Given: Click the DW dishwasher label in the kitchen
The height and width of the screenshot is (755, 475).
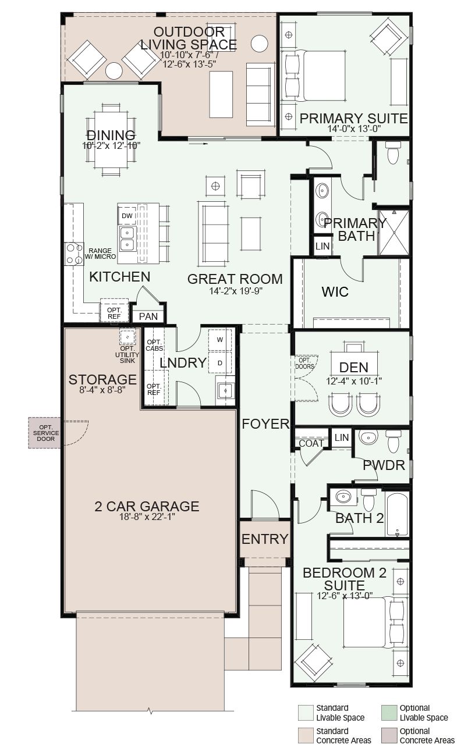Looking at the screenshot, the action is pos(127,216).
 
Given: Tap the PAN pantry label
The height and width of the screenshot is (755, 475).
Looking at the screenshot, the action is pos(148,316).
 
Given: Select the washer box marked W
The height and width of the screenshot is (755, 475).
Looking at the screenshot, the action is pos(220,340).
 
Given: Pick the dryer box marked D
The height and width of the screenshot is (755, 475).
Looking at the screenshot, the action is pos(220,363).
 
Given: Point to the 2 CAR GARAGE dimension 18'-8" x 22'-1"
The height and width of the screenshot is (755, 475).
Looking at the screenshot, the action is pos(147,517).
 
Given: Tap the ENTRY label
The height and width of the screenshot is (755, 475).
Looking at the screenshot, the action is pos(265,539).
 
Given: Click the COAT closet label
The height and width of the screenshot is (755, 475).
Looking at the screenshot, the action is pos(311,443).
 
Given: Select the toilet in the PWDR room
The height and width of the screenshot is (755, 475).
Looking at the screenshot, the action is pos(394,441).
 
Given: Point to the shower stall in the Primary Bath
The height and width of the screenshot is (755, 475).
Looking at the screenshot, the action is pos(394,233).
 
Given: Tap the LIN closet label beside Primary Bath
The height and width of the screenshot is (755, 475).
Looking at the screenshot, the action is pos(322,247).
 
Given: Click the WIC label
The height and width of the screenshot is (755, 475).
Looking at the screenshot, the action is pos(335,292).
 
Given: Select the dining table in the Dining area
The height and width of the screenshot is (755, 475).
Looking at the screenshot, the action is pos(111,140).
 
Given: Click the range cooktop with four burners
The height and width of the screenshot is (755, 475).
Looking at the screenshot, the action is pos(75,254).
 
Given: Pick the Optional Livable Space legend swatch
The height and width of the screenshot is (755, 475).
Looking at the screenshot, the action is pos(389,712).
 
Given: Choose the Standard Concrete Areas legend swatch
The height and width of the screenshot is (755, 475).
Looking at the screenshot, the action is pos(306,735).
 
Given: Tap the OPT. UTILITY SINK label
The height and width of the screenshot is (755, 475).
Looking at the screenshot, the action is pos(127,354).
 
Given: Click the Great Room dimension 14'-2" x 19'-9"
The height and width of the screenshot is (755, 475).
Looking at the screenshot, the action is pos(236,291).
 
